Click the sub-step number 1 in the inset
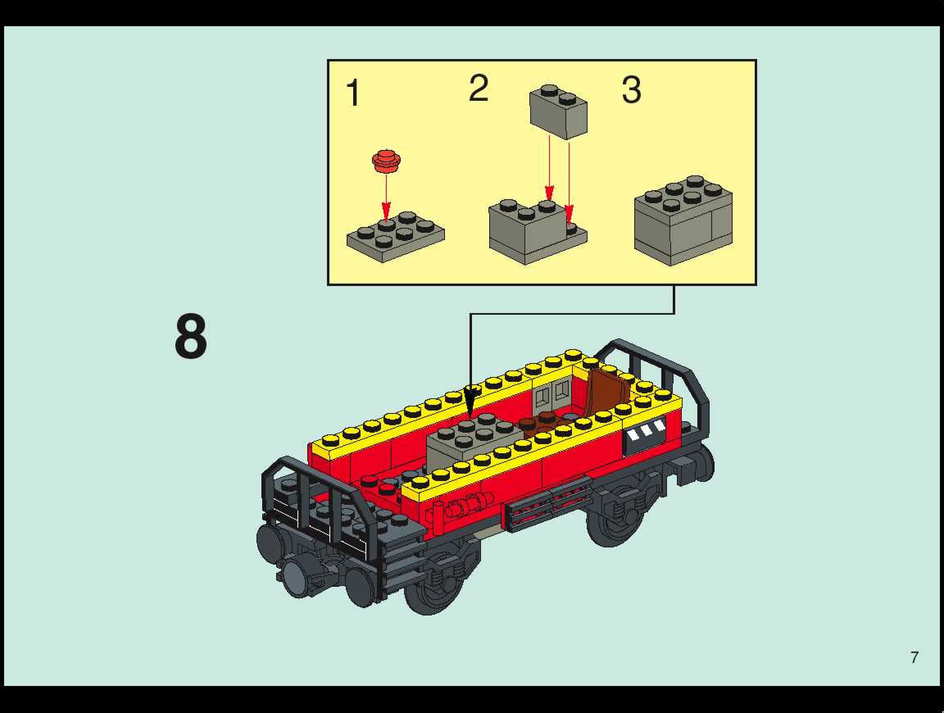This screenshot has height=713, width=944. tap(353, 93)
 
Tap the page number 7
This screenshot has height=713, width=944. tap(914, 657)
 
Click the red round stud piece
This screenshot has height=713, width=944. tap(386, 161)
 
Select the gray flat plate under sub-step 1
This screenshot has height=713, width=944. tap(396, 236)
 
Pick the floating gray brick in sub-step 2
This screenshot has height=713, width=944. tap(558, 111)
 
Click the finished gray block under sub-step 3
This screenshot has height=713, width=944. tap(683, 220)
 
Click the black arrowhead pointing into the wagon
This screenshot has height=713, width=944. tap(471, 400)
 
